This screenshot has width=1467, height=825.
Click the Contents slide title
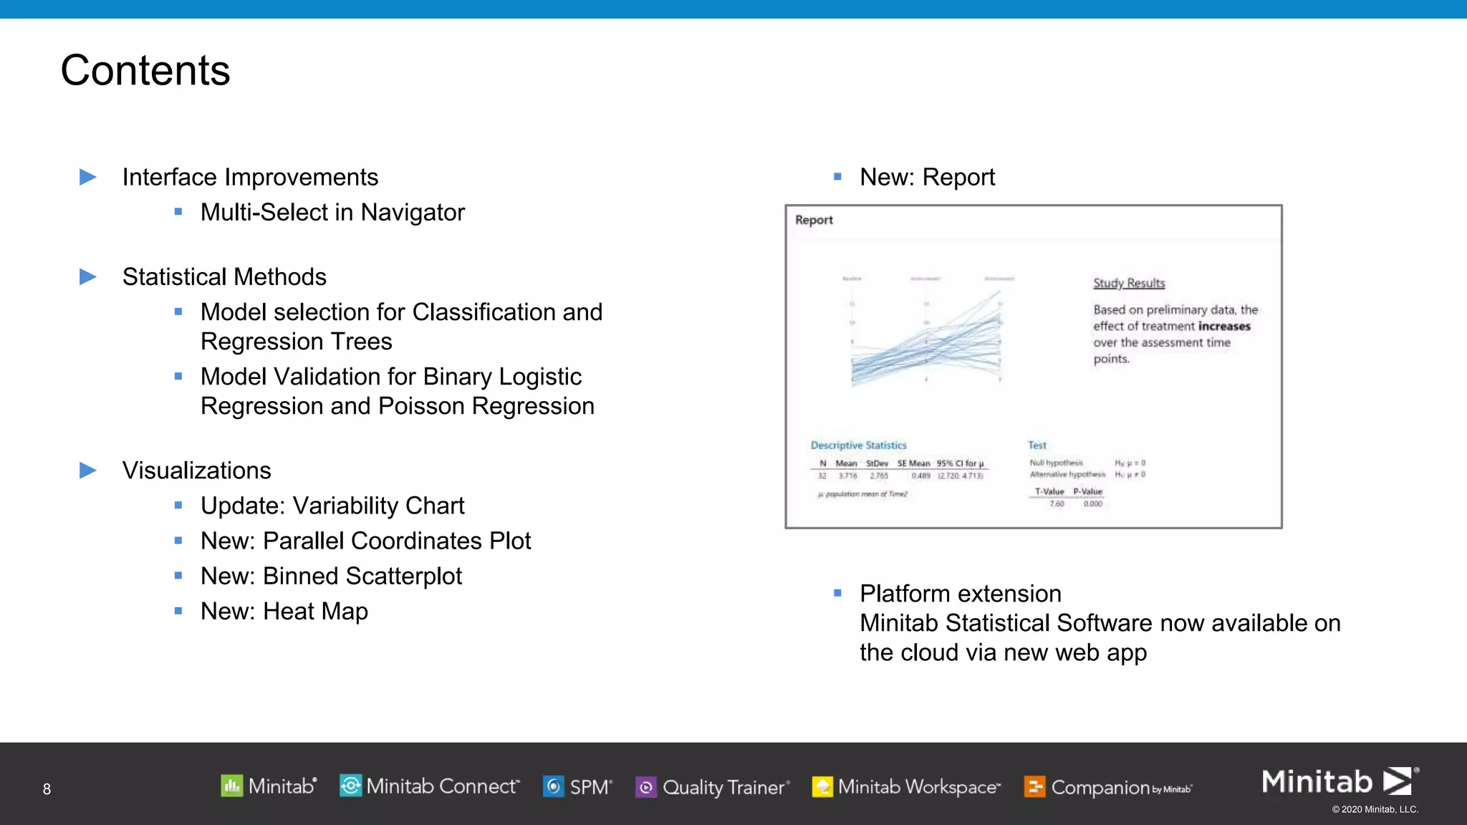(x=145, y=70)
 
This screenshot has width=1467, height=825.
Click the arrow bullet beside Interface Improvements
(x=88, y=177)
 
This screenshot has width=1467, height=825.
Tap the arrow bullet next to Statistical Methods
(x=88, y=276)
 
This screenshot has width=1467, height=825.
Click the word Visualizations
(x=196, y=471)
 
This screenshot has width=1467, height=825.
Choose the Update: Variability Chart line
(x=332, y=506)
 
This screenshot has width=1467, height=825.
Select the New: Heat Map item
(x=284, y=612)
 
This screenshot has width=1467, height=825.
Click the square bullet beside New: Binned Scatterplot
(x=178, y=576)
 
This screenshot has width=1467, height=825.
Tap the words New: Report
(x=927, y=177)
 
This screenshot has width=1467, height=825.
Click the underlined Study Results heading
(x=1129, y=283)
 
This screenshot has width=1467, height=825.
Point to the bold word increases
(x=1224, y=327)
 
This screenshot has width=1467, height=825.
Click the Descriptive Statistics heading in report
(x=858, y=445)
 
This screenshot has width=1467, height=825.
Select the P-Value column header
(x=1087, y=491)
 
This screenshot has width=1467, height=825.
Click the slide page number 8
(x=47, y=789)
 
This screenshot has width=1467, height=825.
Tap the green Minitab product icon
(x=231, y=786)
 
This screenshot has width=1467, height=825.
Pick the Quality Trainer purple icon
(x=646, y=787)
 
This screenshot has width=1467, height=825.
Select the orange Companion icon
(x=1034, y=787)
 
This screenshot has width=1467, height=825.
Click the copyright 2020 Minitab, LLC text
(x=1375, y=809)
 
